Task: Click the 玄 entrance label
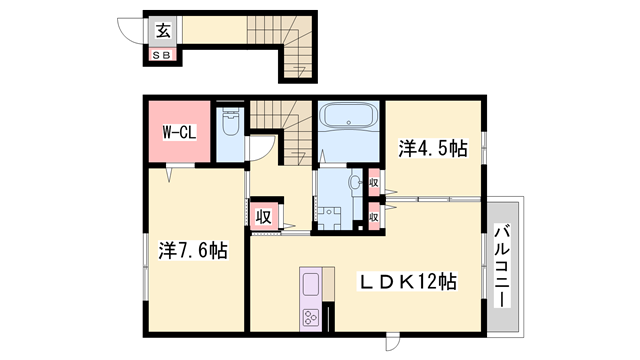161,29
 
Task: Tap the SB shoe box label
161,54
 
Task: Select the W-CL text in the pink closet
179,131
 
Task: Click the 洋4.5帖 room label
433,149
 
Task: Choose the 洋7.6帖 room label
191,250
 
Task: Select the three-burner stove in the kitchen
310,319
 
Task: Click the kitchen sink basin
310,284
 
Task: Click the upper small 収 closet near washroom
373,183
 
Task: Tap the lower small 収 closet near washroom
373,216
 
